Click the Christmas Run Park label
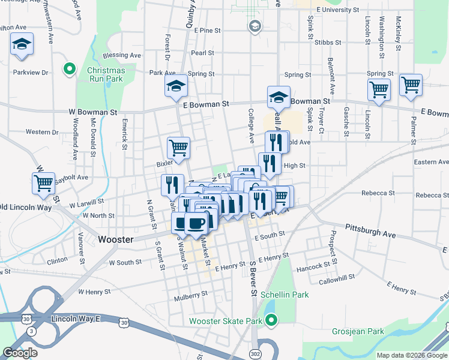pyautogui.click(x=106, y=74)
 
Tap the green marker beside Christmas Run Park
pyautogui.click(x=69, y=69)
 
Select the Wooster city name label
pyautogui.click(x=115, y=239)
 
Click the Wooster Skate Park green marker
pyautogui.click(x=271, y=321)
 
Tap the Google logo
pyautogui.click(x=20, y=353)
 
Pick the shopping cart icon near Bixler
pyautogui.click(x=178, y=146)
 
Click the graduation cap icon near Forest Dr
pyautogui.click(x=176, y=86)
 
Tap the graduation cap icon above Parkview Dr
pyautogui.click(x=22, y=44)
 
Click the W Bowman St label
pyautogui.click(x=92, y=112)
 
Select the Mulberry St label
pyautogui.click(x=190, y=294)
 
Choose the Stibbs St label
pyautogui.click(x=328, y=43)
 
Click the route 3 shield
pyautogui.click(x=30, y=331)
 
